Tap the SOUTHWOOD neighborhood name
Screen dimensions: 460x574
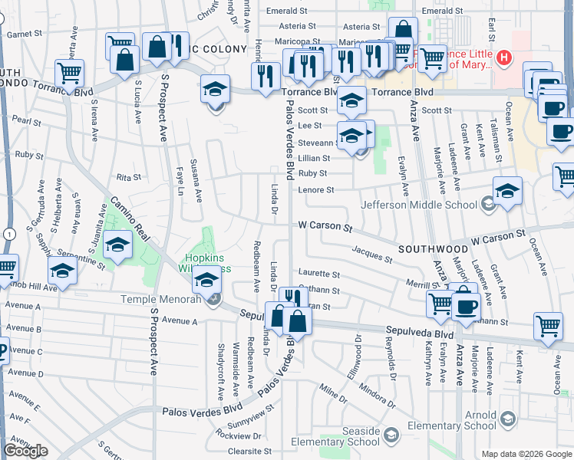click(433, 250)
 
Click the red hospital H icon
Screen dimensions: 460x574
click(504, 58)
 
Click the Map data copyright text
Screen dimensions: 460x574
click(526, 453)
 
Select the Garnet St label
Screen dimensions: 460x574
click(24, 34)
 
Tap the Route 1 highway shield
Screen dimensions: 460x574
click(6, 233)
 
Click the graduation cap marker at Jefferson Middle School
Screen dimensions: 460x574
click(506, 189)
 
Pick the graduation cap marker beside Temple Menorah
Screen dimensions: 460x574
click(206, 280)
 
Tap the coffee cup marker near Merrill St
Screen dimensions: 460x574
click(466, 306)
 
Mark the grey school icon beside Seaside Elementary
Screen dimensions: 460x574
click(391, 436)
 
